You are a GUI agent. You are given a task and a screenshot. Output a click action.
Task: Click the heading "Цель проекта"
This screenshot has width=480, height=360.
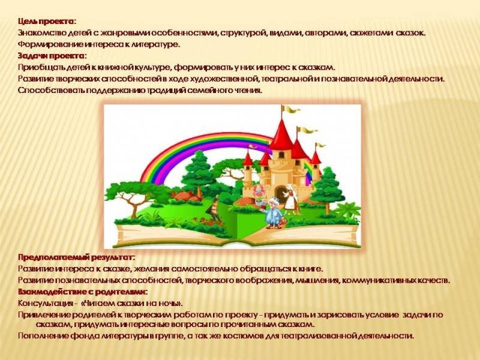46,22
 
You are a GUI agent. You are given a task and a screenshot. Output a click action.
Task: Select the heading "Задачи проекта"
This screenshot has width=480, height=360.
51,56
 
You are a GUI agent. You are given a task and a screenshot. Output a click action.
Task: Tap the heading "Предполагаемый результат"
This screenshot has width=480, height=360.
76,257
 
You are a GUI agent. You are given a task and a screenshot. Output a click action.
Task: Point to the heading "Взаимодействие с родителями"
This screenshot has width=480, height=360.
82,292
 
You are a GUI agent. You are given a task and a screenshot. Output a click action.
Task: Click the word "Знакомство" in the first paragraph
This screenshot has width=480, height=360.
42,33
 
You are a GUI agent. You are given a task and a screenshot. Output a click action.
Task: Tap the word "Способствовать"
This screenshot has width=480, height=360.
51,91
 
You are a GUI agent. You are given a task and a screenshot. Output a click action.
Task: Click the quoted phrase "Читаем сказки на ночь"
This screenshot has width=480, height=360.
132,304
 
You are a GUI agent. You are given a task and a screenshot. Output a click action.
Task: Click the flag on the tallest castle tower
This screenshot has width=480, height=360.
291,109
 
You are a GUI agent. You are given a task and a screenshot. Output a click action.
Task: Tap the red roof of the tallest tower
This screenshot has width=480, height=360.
282,136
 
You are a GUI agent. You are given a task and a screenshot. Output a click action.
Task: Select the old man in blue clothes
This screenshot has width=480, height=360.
272,213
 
